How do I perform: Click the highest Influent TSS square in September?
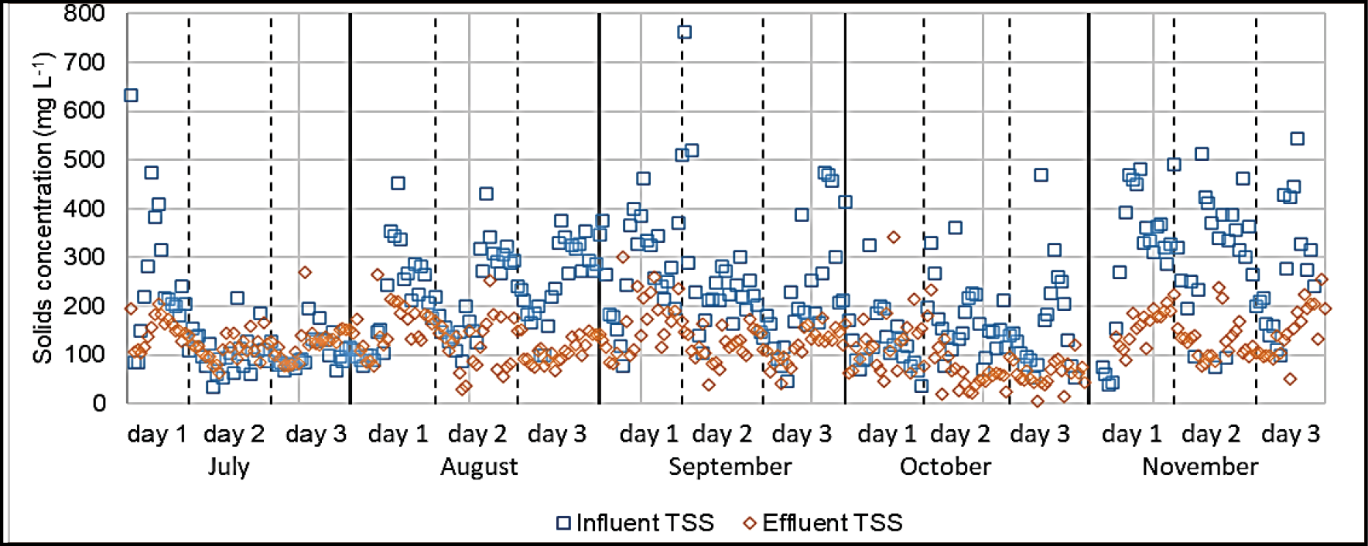pos(684,32)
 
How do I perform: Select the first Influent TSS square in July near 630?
pos(132,95)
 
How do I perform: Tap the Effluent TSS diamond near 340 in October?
pos(894,237)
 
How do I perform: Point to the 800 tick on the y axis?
pos(84,13)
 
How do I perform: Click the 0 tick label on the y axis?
pos(99,403)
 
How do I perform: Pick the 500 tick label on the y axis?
pos(84,159)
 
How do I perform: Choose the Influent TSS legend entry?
pos(635,523)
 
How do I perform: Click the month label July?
pos(229,467)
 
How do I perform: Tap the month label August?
pos(479,467)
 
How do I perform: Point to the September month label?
pos(730,467)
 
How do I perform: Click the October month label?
pos(945,467)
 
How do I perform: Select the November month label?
pos(1199,467)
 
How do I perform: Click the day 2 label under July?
pos(234,434)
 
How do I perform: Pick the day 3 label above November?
pos(1290,434)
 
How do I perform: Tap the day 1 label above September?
pos(648,434)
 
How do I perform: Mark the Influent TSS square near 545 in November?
pos(1298,138)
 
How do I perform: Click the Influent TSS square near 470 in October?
pos(1041,175)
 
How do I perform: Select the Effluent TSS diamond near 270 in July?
pos(305,272)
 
